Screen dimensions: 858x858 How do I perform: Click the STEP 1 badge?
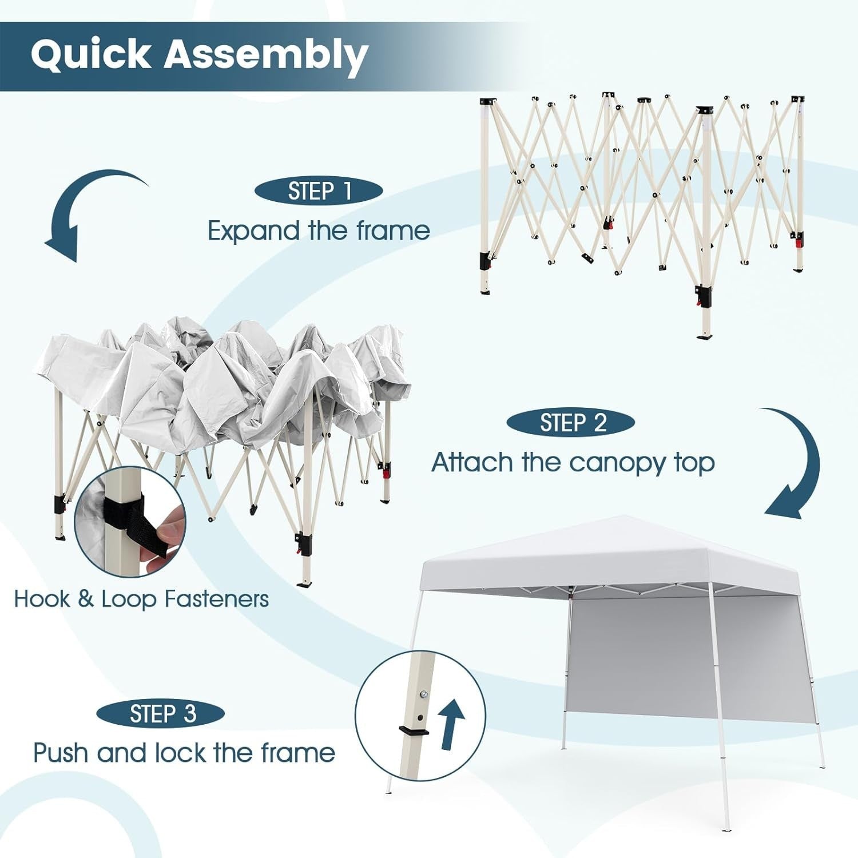[319, 191]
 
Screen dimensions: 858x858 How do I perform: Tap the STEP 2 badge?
[570, 423]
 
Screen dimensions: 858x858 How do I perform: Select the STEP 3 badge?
[160, 713]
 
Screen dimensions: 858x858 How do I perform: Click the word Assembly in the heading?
[266, 55]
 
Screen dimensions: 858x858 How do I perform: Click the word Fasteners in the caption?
[216, 599]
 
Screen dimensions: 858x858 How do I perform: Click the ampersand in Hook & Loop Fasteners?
[85, 599]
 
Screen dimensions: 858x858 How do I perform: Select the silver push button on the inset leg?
[424, 694]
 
